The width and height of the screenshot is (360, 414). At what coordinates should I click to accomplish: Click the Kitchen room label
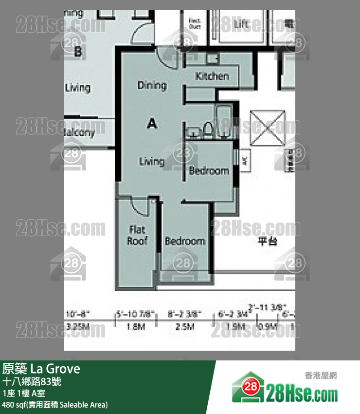pyautogui.click(x=212, y=76)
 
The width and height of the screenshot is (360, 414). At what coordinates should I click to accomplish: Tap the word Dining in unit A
pyautogui.click(x=152, y=85)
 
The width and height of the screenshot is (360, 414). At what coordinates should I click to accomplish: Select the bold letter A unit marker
pyautogui.click(x=152, y=125)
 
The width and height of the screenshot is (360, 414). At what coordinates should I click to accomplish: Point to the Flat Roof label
pyautogui.click(x=137, y=235)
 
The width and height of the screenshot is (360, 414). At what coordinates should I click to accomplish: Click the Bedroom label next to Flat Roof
pyautogui.click(x=185, y=241)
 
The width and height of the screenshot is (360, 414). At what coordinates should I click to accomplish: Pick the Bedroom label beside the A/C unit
pyautogui.click(x=209, y=170)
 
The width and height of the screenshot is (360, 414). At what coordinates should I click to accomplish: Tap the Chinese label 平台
pyautogui.click(x=267, y=241)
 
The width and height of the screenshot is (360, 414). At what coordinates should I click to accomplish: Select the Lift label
pyautogui.click(x=242, y=23)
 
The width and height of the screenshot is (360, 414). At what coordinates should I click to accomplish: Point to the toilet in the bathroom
pyautogui.click(x=208, y=129)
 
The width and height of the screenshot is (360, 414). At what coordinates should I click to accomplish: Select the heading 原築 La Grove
pyautogui.click(x=41, y=369)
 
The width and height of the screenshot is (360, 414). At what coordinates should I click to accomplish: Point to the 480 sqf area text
pyautogui.click(x=55, y=405)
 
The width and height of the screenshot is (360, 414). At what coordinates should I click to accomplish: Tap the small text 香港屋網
pyautogui.click(x=321, y=376)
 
